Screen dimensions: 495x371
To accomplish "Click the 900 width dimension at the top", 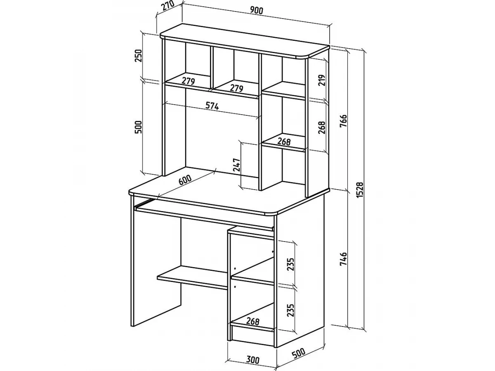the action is click(x=257, y=10).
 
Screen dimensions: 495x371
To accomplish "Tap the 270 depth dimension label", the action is click(x=168, y=6).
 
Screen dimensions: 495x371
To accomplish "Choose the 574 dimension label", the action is click(x=212, y=106).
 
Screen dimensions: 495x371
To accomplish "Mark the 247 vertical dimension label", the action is click(x=237, y=165).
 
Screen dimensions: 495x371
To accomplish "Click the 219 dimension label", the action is click(x=322, y=80).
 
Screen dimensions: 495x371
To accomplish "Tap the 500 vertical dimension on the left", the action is click(x=138, y=127).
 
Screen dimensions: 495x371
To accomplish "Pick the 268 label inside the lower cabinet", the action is click(x=252, y=322).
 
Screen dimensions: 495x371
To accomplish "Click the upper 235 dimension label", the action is click(x=291, y=265).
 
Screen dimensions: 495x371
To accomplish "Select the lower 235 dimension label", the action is click(x=291, y=310).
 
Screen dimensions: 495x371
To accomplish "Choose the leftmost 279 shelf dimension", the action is click(x=189, y=81).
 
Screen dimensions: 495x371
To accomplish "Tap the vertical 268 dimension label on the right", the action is click(x=322, y=127).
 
